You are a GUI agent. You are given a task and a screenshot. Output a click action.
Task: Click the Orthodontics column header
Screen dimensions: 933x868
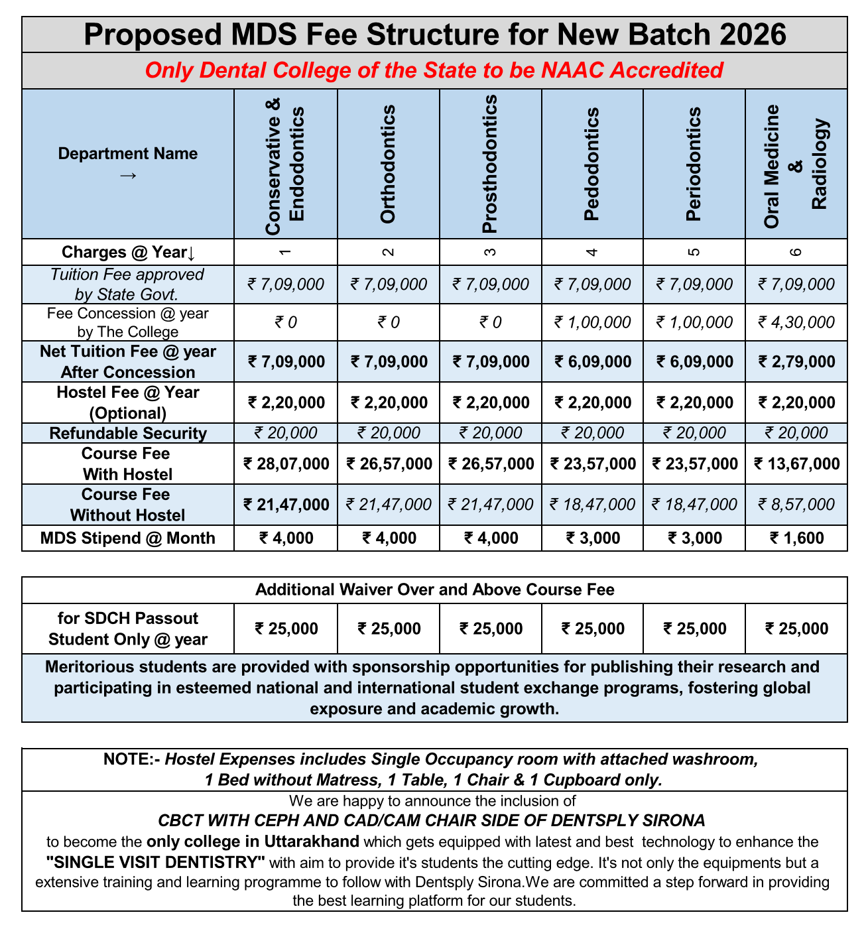388,164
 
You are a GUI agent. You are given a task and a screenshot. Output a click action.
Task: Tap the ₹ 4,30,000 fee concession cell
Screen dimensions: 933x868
796,323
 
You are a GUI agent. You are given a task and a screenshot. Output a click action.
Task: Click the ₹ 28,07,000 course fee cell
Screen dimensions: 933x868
286,464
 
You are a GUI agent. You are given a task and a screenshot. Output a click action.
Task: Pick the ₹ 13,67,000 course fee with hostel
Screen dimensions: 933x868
796,464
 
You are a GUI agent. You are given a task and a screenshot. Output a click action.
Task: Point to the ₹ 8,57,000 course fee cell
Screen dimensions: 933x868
796,505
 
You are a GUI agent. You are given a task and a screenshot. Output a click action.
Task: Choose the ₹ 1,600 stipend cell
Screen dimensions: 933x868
796,538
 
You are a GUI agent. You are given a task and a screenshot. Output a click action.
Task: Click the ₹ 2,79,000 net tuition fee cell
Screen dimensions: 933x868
796,361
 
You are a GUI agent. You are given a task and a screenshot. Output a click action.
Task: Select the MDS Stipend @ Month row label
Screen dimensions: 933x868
128,538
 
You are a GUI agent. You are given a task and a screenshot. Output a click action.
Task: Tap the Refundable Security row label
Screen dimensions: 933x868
128,434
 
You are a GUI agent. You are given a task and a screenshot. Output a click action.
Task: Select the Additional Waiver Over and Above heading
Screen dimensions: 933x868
434,590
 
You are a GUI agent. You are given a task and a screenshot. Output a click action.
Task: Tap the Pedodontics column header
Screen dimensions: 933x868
592,164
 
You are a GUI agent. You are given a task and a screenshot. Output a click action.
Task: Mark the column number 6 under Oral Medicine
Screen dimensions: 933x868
796,252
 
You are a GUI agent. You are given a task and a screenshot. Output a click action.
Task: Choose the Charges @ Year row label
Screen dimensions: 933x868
128,252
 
